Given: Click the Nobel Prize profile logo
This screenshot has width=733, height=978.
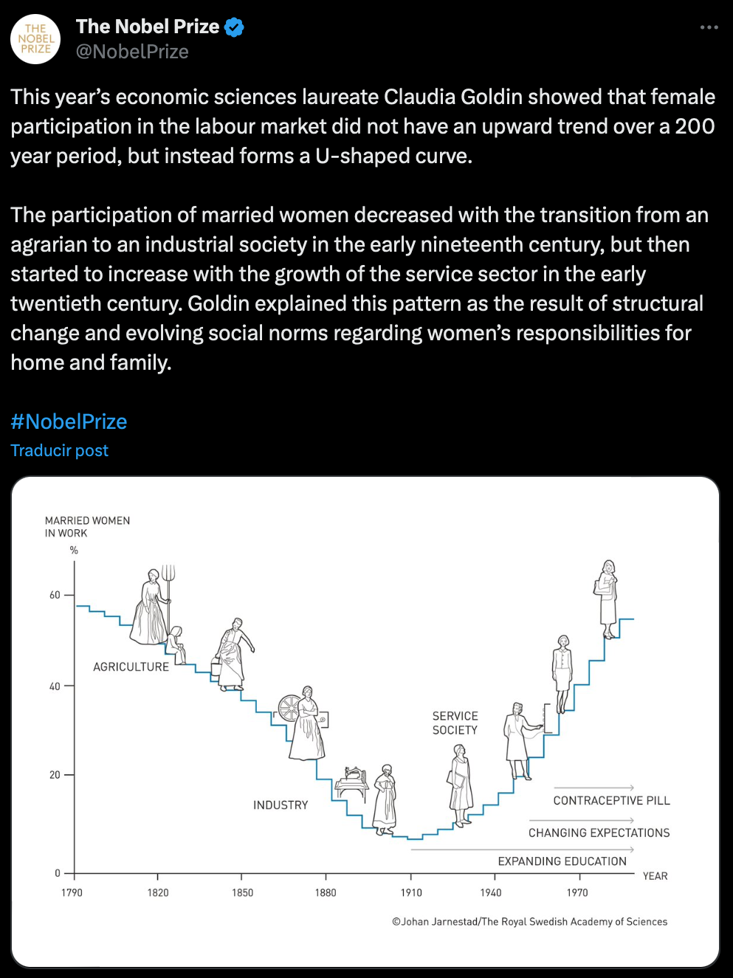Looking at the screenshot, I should [35, 39].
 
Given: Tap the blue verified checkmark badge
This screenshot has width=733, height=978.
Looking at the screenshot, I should [234, 27].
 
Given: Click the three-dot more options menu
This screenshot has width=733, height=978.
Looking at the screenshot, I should [709, 27].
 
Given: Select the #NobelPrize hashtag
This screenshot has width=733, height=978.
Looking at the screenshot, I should [69, 421].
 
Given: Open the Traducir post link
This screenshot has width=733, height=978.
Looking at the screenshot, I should [59, 450].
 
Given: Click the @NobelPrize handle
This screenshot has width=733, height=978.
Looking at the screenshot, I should [132, 52].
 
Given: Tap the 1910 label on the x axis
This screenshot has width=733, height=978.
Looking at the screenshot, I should [411, 892].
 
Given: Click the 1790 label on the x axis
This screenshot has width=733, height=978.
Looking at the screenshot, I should [72, 892].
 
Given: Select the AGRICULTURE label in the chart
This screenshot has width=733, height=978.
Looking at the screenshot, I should [131, 667].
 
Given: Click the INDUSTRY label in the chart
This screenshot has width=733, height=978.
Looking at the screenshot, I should [281, 805].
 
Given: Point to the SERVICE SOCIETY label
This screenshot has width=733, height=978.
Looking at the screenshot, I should [455, 723].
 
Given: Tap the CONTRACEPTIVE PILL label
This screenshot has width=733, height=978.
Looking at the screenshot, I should [611, 800].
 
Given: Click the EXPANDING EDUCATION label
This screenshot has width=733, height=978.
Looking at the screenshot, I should [562, 861].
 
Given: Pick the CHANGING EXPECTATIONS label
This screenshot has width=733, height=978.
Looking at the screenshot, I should [599, 833].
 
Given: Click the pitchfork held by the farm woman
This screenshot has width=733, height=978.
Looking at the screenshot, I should [169, 576].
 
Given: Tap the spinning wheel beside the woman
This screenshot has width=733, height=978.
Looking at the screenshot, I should [289, 708].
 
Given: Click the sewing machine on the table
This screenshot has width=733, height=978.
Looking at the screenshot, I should [352, 777].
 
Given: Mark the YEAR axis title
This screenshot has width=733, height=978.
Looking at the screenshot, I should [655, 876].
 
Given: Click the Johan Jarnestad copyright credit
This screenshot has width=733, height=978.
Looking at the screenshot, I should [529, 921].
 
